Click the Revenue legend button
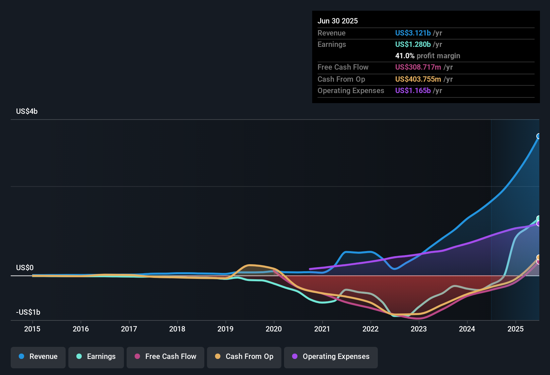click(38, 357)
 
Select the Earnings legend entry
click(96, 357)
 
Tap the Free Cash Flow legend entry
click(165, 357)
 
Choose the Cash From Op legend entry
click(244, 357)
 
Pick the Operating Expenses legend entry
click(331, 357)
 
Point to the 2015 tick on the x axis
click(32, 329)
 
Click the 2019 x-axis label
click(225, 329)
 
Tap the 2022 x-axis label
click(370, 329)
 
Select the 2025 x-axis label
click(515, 329)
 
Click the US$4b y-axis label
click(27, 111)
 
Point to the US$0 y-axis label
click(25, 268)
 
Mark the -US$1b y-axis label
click(28, 312)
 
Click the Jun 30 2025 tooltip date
click(338, 21)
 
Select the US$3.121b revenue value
click(413, 33)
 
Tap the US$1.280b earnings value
click(413, 45)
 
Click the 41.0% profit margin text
click(427, 56)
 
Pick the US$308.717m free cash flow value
click(418, 67)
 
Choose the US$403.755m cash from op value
click(418, 79)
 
